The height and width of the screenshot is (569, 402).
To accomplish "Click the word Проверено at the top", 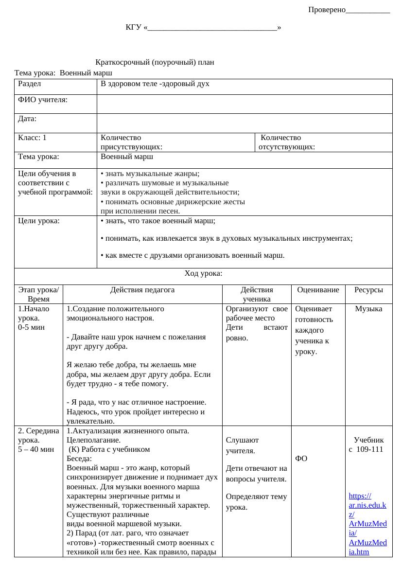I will [327, 10].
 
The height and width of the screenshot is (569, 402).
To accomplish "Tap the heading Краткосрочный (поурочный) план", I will [155, 62].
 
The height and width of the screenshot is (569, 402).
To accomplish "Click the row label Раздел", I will [29, 84].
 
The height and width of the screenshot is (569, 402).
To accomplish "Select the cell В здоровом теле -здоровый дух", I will [155, 84].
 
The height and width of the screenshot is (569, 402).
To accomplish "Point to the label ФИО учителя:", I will [43, 100].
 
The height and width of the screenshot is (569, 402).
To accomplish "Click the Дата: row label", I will [27, 118].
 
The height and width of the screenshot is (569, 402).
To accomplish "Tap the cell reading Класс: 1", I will [32, 138].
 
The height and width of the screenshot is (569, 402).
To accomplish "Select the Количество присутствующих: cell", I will [131, 142].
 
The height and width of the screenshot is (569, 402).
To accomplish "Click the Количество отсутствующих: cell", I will [287, 142].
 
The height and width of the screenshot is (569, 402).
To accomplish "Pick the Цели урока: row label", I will [39, 221].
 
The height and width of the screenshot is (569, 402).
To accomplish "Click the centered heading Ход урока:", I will [203, 273].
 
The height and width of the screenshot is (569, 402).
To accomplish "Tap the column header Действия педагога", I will [142, 290].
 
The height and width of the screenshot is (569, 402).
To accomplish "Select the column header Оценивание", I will [318, 290].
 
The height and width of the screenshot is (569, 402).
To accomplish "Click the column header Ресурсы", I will [368, 290].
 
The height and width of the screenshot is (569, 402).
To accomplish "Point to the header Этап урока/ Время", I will [38, 294].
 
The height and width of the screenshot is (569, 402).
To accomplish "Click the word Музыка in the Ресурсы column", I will [368, 309].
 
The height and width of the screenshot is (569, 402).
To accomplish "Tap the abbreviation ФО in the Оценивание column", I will [301, 458].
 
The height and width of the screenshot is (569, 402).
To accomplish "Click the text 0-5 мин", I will [31, 327].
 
